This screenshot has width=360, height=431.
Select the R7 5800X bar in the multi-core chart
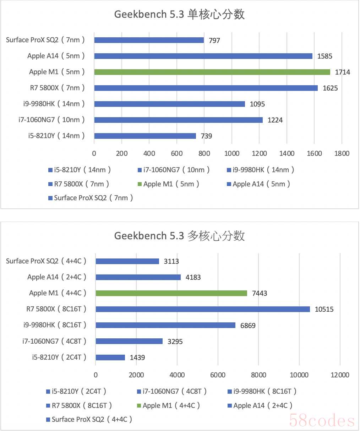point(203,309)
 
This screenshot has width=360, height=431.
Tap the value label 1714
point(342,72)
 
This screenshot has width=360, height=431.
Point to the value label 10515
point(324,309)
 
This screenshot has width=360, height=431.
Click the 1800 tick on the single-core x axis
point(342,153)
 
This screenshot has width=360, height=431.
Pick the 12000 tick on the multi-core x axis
point(340,375)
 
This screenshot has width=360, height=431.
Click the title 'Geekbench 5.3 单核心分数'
point(179,15)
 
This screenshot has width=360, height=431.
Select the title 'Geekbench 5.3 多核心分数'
point(179,236)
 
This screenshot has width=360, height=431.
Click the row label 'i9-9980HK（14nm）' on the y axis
point(54,104)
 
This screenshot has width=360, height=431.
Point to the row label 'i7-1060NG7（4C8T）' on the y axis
point(54,341)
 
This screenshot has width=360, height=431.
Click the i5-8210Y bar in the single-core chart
point(145,136)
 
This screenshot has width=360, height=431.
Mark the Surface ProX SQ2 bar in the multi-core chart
point(127,261)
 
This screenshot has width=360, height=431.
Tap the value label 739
point(206,136)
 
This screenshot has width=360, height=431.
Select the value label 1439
point(137,358)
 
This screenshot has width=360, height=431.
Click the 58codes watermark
point(322,421)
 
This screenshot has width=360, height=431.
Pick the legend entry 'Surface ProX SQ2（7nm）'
point(91,198)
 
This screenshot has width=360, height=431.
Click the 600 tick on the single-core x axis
point(177,153)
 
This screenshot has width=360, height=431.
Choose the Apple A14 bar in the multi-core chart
point(138,277)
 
